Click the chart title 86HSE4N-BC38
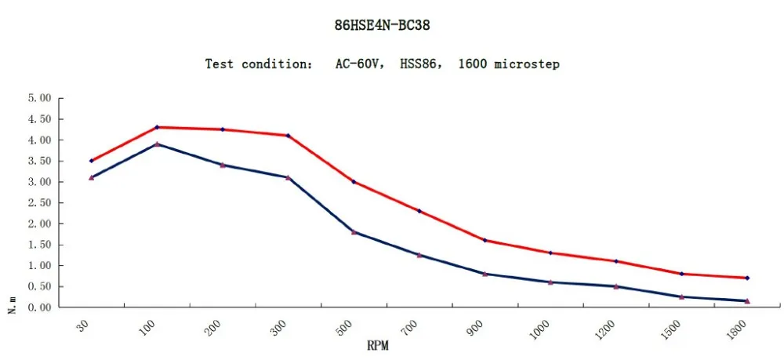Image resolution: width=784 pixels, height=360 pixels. point(383,25)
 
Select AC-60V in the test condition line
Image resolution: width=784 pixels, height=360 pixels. point(358,64)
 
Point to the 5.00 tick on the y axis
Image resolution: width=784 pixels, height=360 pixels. point(39,99)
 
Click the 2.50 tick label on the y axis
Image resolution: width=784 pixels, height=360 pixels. point(39,203)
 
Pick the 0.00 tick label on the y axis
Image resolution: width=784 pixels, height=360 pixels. point(39,307)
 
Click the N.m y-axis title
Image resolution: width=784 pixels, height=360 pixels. point(13,304)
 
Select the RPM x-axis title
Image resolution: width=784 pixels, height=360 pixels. point(378,344)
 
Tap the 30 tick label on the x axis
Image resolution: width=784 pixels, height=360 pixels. point(85,328)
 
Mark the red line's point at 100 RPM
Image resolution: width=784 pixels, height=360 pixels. point(157,127)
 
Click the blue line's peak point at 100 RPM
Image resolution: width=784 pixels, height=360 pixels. point(157,144)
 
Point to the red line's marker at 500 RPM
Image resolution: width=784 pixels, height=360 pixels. point(354,182)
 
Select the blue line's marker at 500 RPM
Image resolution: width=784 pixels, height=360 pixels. point(354,232)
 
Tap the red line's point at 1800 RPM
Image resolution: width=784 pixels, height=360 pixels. point(747,278)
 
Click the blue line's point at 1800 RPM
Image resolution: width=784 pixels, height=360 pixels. point(747,301)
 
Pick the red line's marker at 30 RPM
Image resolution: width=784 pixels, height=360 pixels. point(92,161)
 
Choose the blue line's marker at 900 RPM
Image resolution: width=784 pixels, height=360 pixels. point(485,274)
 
